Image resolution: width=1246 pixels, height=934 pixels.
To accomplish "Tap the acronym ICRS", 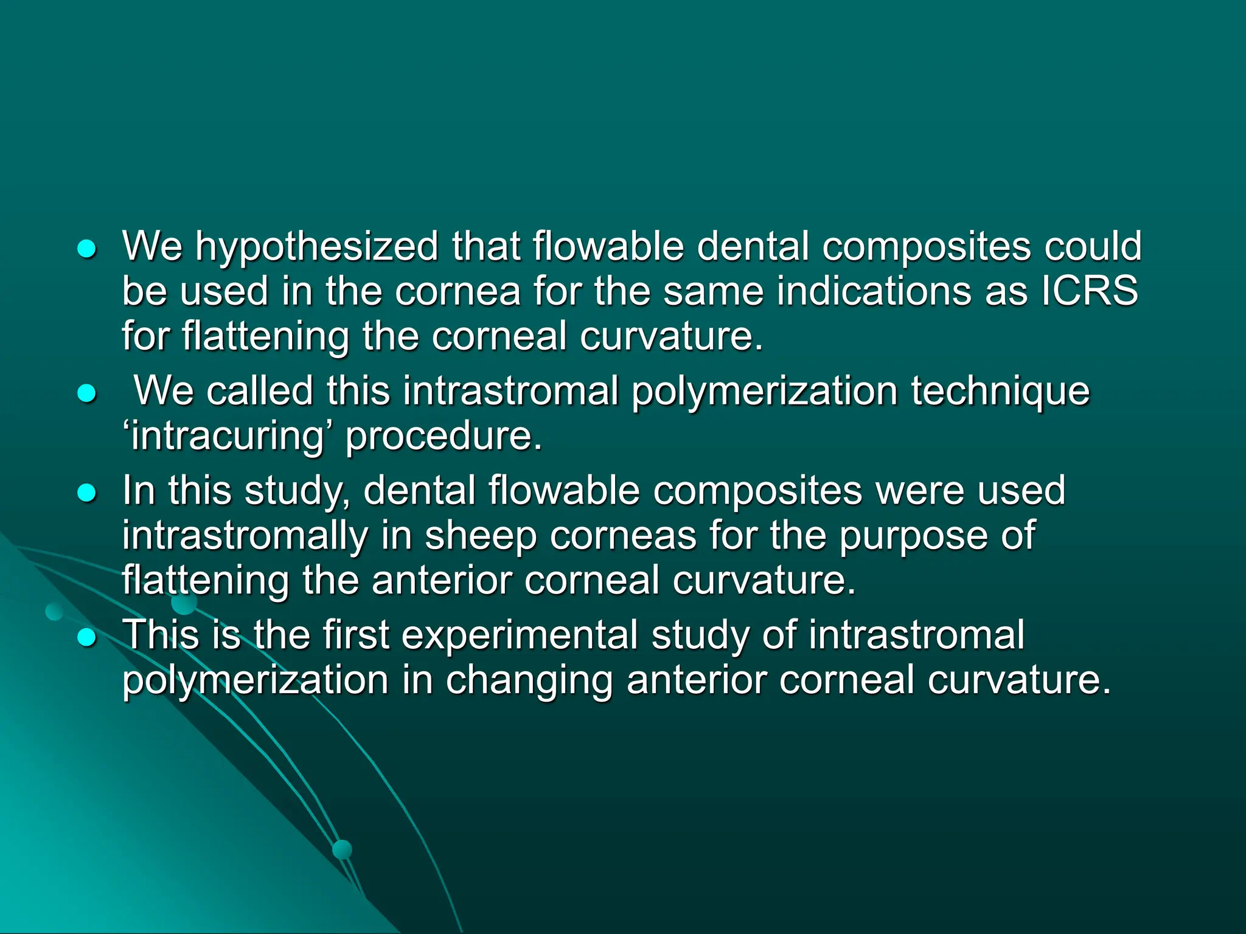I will (1089, 291).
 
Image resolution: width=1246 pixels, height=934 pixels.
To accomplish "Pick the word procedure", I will (443, 436).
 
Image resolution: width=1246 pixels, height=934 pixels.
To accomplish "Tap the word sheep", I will (481, 536).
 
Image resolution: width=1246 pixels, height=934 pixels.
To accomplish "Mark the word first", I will (356, 635).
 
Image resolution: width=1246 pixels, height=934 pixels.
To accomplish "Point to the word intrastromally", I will (245, 536).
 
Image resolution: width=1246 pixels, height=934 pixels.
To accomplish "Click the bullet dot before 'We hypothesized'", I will (88, 249).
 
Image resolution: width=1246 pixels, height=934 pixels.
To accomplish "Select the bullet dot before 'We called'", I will (88, 393).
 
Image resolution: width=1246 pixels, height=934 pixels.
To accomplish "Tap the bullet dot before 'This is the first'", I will (88, 637).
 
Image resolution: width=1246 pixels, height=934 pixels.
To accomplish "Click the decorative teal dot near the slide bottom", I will (343, 849).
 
